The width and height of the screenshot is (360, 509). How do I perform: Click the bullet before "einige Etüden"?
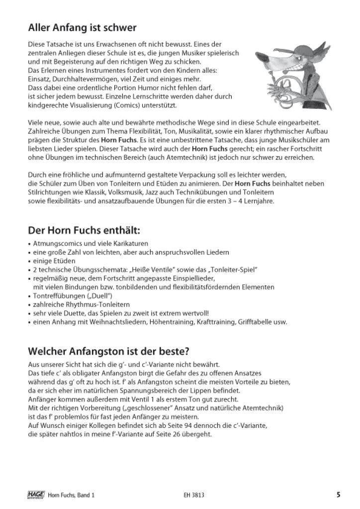point(30,261)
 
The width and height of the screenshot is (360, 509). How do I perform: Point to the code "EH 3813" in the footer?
point(193,495)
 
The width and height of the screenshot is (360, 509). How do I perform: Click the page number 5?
point(338,495)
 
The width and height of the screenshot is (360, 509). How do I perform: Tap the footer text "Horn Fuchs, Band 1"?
point(71,495)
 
